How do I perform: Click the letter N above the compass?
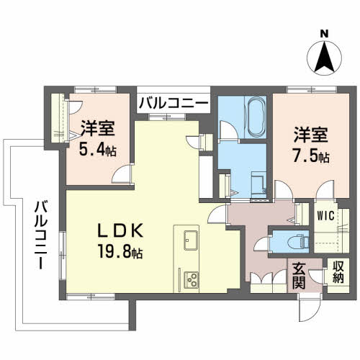coord(325,33)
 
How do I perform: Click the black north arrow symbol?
coord(325,56)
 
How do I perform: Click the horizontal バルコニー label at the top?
coord(174,104)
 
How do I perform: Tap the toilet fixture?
coord(297,241)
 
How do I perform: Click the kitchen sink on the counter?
coord(191,240)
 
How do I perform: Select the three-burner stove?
coord(192,278)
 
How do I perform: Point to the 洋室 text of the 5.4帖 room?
coord(98,130)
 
